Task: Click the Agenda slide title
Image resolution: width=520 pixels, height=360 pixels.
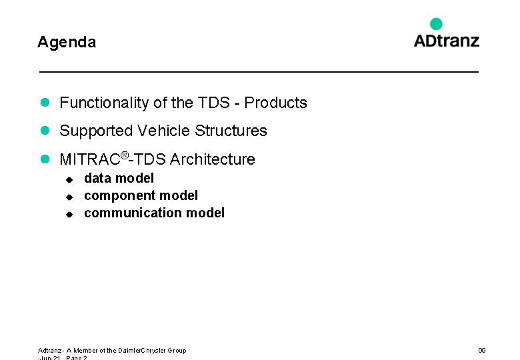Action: point(67,43)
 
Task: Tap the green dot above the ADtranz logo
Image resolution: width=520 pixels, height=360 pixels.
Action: point(436,24)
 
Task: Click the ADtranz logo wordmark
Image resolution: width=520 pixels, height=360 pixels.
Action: point(446,41)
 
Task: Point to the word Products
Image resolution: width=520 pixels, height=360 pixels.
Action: point(275,103)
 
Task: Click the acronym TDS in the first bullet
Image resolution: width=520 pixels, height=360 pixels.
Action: point(213,103)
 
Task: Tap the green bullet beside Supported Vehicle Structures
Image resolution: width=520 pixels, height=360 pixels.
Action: point(45,131)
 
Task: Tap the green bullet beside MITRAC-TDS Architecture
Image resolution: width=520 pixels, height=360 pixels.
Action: point(45,159)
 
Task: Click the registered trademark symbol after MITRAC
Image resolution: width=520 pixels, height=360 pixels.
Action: point(124,155)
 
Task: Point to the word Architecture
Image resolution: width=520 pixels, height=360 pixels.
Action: point(213,159)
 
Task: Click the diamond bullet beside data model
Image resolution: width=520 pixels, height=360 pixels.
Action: point(68,179)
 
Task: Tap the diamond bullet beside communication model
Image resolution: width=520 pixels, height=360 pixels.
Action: point(68,214)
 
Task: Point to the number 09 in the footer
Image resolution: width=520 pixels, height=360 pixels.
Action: point(482,350)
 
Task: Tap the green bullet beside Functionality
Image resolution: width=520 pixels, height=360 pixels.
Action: point(45,103)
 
